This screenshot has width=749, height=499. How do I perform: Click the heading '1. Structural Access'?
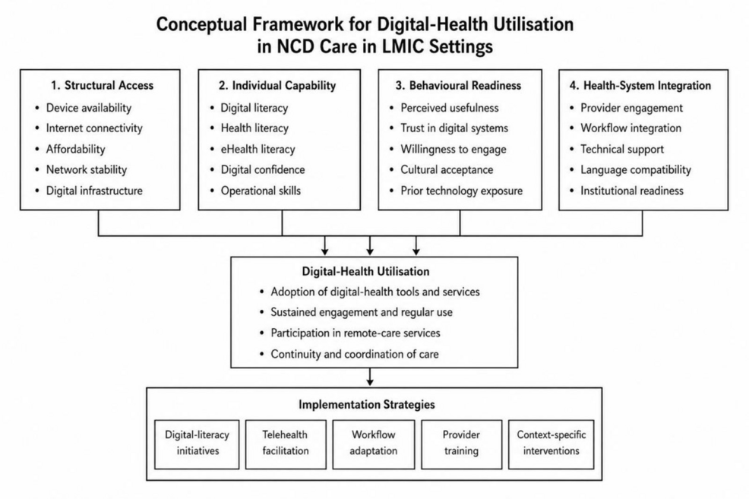(x=103, y=86)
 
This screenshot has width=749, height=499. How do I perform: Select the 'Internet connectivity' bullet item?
(x=94, y=128)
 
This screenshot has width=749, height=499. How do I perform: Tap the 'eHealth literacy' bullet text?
(x=258, y=149)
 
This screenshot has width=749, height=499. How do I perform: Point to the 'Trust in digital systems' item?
(x=454, y=128)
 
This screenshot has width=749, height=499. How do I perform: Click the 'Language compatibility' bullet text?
(x=636, y=169)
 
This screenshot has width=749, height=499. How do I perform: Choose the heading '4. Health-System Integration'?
(x=640, y=86)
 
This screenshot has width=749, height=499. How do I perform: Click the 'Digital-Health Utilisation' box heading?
(x=365, y=271)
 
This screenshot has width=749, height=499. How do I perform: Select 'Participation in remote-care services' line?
(x=356, y=333)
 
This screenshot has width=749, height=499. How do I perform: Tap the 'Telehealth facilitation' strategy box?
(x=286, y=444)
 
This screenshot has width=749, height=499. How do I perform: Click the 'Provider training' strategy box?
(x=461, y=444)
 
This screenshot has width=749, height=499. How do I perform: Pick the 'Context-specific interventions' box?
(x=551, y=444)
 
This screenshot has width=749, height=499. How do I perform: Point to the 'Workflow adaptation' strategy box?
(x=374, y=444)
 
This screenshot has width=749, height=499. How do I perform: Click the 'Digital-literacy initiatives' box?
(x=197, y=444)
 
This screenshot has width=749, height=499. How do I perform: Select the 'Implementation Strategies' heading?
(x=367, y=405)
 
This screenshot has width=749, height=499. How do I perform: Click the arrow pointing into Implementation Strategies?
(x=370, y=377)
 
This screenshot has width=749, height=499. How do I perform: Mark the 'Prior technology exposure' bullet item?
(x=461, y=191)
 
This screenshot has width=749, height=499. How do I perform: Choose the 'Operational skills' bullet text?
(x=261, y=191)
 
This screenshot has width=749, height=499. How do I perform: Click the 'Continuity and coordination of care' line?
(x=355, y=354)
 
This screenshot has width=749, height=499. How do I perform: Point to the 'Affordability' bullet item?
(x=75, y=149)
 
